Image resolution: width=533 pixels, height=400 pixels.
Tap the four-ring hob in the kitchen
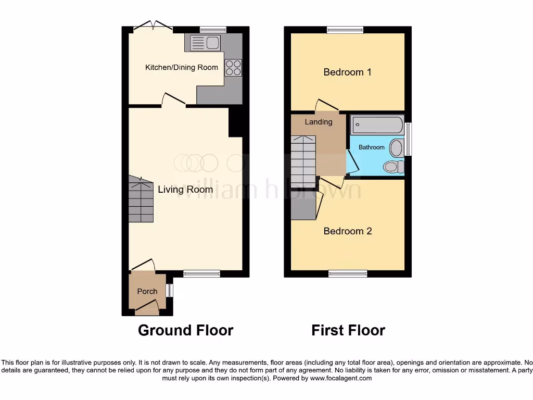pyautogui.click(x=233, y=68)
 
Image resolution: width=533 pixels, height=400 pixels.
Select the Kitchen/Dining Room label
pyautogui.click(x=181, y=67)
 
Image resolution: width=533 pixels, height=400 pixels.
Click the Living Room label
pyautogui.click(x=185, y=190)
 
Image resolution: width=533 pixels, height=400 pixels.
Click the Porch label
pyautogui.click(x=147, y=291)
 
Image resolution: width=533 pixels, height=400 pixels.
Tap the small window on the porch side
pyautogui.click(x=169, y=290)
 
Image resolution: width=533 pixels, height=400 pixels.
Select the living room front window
pyautogui.click(x=201, y=273)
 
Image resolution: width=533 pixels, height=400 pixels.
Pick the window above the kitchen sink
pyautogui.click(x=212, y=30)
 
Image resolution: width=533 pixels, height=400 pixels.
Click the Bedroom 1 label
pyautogui.click(x=347, y=72)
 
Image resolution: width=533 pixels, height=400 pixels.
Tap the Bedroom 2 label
pyautogui.click(x=348, y=231)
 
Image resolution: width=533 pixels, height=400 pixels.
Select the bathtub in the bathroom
pyautogui.click(x=377, y=125)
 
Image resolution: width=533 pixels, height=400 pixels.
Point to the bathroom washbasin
pyautogui.click(x=396, y=148)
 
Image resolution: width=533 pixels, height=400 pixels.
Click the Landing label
pyautogui.click(x=318, y=122)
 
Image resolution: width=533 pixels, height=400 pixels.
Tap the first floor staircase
pyautogui.click(x=303, y=161)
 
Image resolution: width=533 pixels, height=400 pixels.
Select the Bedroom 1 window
pyautogui.click(x=345, y=30)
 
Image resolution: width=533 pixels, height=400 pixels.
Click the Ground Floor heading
pyautogui.click(x=185, y=330)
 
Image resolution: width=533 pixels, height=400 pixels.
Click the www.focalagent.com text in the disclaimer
pyautogui.click(x=341, y=378)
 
